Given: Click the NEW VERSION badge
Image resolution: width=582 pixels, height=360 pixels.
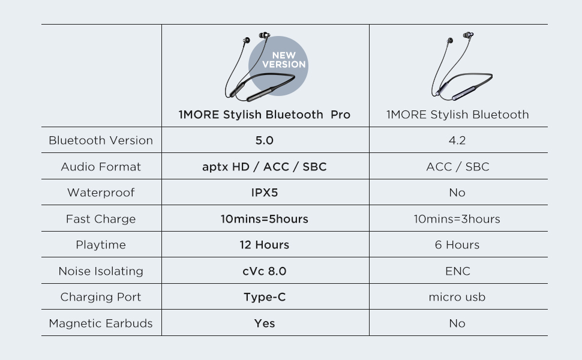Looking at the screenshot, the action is (x=278, y=65).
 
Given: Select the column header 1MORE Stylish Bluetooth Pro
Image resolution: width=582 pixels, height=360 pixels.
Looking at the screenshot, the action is (x=264, y=115).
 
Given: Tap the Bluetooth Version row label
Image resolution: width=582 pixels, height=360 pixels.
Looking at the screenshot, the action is (x=101, y=140).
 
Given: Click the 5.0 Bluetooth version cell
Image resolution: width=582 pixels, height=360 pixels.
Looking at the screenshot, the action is (x=264, y=140).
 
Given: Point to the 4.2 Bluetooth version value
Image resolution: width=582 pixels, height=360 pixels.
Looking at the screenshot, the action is (x=457, y=140).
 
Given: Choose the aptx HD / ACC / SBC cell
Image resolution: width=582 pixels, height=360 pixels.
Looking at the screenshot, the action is (x=264, y=167).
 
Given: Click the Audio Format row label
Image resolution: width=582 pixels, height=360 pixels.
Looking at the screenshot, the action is (x=101, y=167).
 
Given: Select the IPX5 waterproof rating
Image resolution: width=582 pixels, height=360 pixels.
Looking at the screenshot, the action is (x=264, y=193).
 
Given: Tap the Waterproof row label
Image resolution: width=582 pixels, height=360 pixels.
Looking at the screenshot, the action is (x=101, y=193).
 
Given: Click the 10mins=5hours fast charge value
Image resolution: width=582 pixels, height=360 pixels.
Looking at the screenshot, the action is (x=264, y=219).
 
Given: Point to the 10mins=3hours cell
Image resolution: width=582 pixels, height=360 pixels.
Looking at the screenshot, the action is (x=457, y=219).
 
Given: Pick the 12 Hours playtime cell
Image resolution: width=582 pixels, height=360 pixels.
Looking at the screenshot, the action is (x=264, y=245).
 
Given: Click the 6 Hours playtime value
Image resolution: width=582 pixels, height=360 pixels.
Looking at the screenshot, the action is (x=457, y=245).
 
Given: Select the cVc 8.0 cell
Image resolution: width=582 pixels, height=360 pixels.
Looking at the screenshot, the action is (x=264, y=271).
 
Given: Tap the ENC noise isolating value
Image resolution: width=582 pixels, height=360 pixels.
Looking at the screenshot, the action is (x=458, y=271).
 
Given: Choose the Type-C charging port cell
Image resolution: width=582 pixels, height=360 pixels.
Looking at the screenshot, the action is (x=265, y=297).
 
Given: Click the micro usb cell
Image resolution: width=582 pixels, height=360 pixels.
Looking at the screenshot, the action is (x=457, y=297).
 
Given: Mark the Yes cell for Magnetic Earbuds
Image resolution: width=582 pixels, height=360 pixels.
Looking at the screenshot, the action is (x=265, y=323).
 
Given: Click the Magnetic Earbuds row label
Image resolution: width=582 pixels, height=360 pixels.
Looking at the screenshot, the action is (x=101, y=323).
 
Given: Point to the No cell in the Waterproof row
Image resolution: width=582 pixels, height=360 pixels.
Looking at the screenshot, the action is (x=457, y=193).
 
